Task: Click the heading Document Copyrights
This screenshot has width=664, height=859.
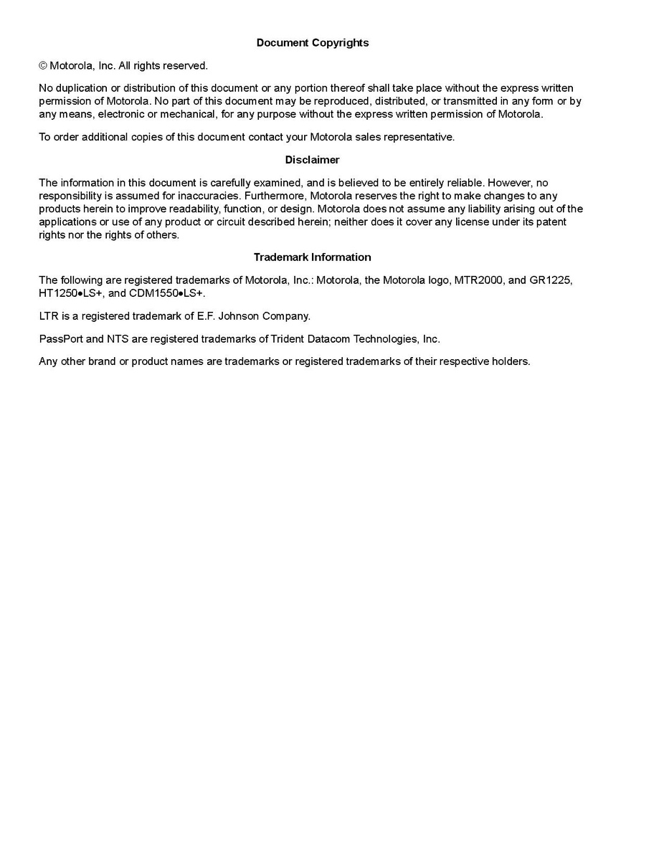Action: pyautogui.click(x=313, y=43)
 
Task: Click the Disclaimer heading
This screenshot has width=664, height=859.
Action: pyautogui.click(x=312, y=160)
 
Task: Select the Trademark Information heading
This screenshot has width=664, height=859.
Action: pyautogui.click(x=312, y=257)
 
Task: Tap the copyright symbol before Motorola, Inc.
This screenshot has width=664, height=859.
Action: pyautogui.click(x=43, y=66)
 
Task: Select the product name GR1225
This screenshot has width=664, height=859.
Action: pyautogui.click(x=551, y=280)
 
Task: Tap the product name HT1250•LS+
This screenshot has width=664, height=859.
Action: pyautogui.click(x=70, y=293)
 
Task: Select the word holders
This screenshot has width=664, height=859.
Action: pyautogui.click(x=510, y=361)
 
